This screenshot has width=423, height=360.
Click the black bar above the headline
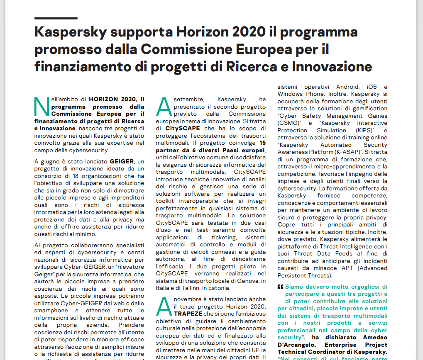(x=56, y=18)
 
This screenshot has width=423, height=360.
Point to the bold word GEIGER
(x=122, y=161)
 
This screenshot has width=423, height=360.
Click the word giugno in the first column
(x=54, y=161)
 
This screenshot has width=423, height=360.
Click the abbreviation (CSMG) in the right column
(x=289, y=123)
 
